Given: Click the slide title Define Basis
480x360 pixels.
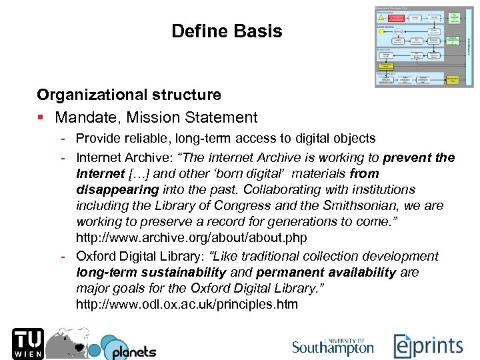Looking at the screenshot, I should click(227, 31).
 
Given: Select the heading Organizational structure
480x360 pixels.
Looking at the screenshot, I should click(129, 95).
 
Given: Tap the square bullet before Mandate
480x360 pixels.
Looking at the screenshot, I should click(41, 118).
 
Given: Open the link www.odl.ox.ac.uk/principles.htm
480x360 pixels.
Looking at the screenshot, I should click(187, 305).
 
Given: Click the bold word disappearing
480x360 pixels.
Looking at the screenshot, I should click(113, 189).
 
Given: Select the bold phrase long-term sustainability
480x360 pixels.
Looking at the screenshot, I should click(151, 272).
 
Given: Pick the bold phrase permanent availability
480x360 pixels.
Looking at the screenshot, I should click(325, 272).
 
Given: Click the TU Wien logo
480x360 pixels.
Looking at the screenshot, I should click(26, 343).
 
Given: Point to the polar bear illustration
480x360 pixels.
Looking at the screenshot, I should click(75, 342).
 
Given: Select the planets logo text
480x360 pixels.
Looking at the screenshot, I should click(133, 351).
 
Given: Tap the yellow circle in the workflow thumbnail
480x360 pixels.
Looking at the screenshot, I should click(381, 31).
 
